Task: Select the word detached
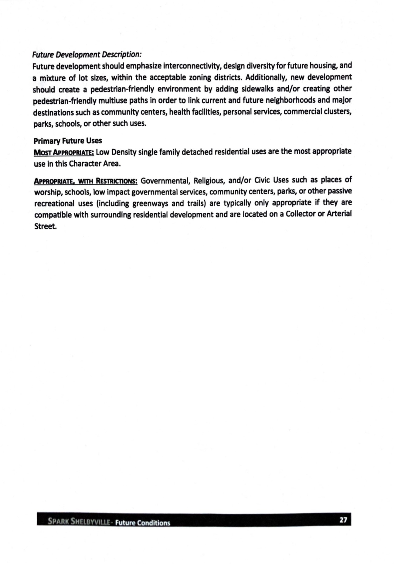point(197,152)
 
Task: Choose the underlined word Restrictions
point(117,181)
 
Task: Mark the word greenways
point(150,203)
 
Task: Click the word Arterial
point(339,214)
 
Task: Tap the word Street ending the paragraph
point(45,226)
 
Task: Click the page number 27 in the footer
point(343,520)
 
